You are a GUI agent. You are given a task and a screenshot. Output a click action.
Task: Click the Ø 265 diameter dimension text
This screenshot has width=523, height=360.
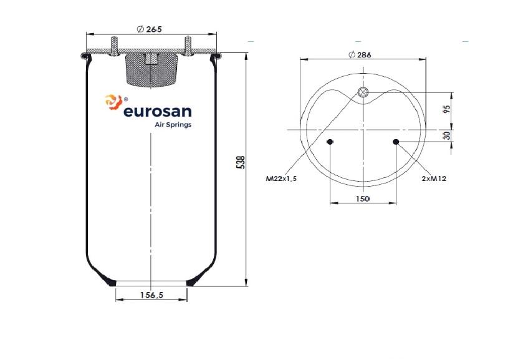(x=149, y=29)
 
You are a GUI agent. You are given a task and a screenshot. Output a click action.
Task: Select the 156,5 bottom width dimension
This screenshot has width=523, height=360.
(x=151, y=295)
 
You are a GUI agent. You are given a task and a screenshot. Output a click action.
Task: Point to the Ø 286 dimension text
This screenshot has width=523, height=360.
(x=360, y=54)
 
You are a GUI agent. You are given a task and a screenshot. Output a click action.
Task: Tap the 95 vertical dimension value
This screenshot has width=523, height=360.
(x=448, y=109)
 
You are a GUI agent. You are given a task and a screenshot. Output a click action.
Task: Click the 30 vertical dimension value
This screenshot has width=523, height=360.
(x=448, y=135)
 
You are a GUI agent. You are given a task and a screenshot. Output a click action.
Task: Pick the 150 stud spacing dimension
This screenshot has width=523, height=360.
(x=363, y=198)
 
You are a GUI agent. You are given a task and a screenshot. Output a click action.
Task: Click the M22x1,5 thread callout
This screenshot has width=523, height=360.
(x=281, y=178)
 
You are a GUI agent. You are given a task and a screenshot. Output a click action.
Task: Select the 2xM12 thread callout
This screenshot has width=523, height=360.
(x=434, y=178)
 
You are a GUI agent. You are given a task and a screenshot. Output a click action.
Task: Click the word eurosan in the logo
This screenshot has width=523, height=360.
(x=158, y=112)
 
